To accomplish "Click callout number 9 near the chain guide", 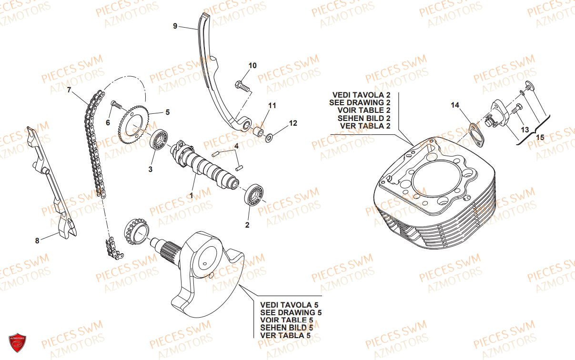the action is pos(175,26).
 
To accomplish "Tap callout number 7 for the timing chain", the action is pos(69,90).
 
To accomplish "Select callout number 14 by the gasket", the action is pos(455,105).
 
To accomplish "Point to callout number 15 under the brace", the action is pos(540,138).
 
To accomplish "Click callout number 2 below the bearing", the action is pos(247,225).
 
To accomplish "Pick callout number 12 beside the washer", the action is pos(293,123).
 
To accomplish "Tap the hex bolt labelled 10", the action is pos(242,86).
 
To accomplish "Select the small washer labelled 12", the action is pos(269,138).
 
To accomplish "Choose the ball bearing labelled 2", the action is pos(254,194).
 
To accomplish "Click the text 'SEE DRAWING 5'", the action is pos(291,312).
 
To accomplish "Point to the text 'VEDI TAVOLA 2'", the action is pos(362,95).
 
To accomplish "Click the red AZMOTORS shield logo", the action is pos(17,342).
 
